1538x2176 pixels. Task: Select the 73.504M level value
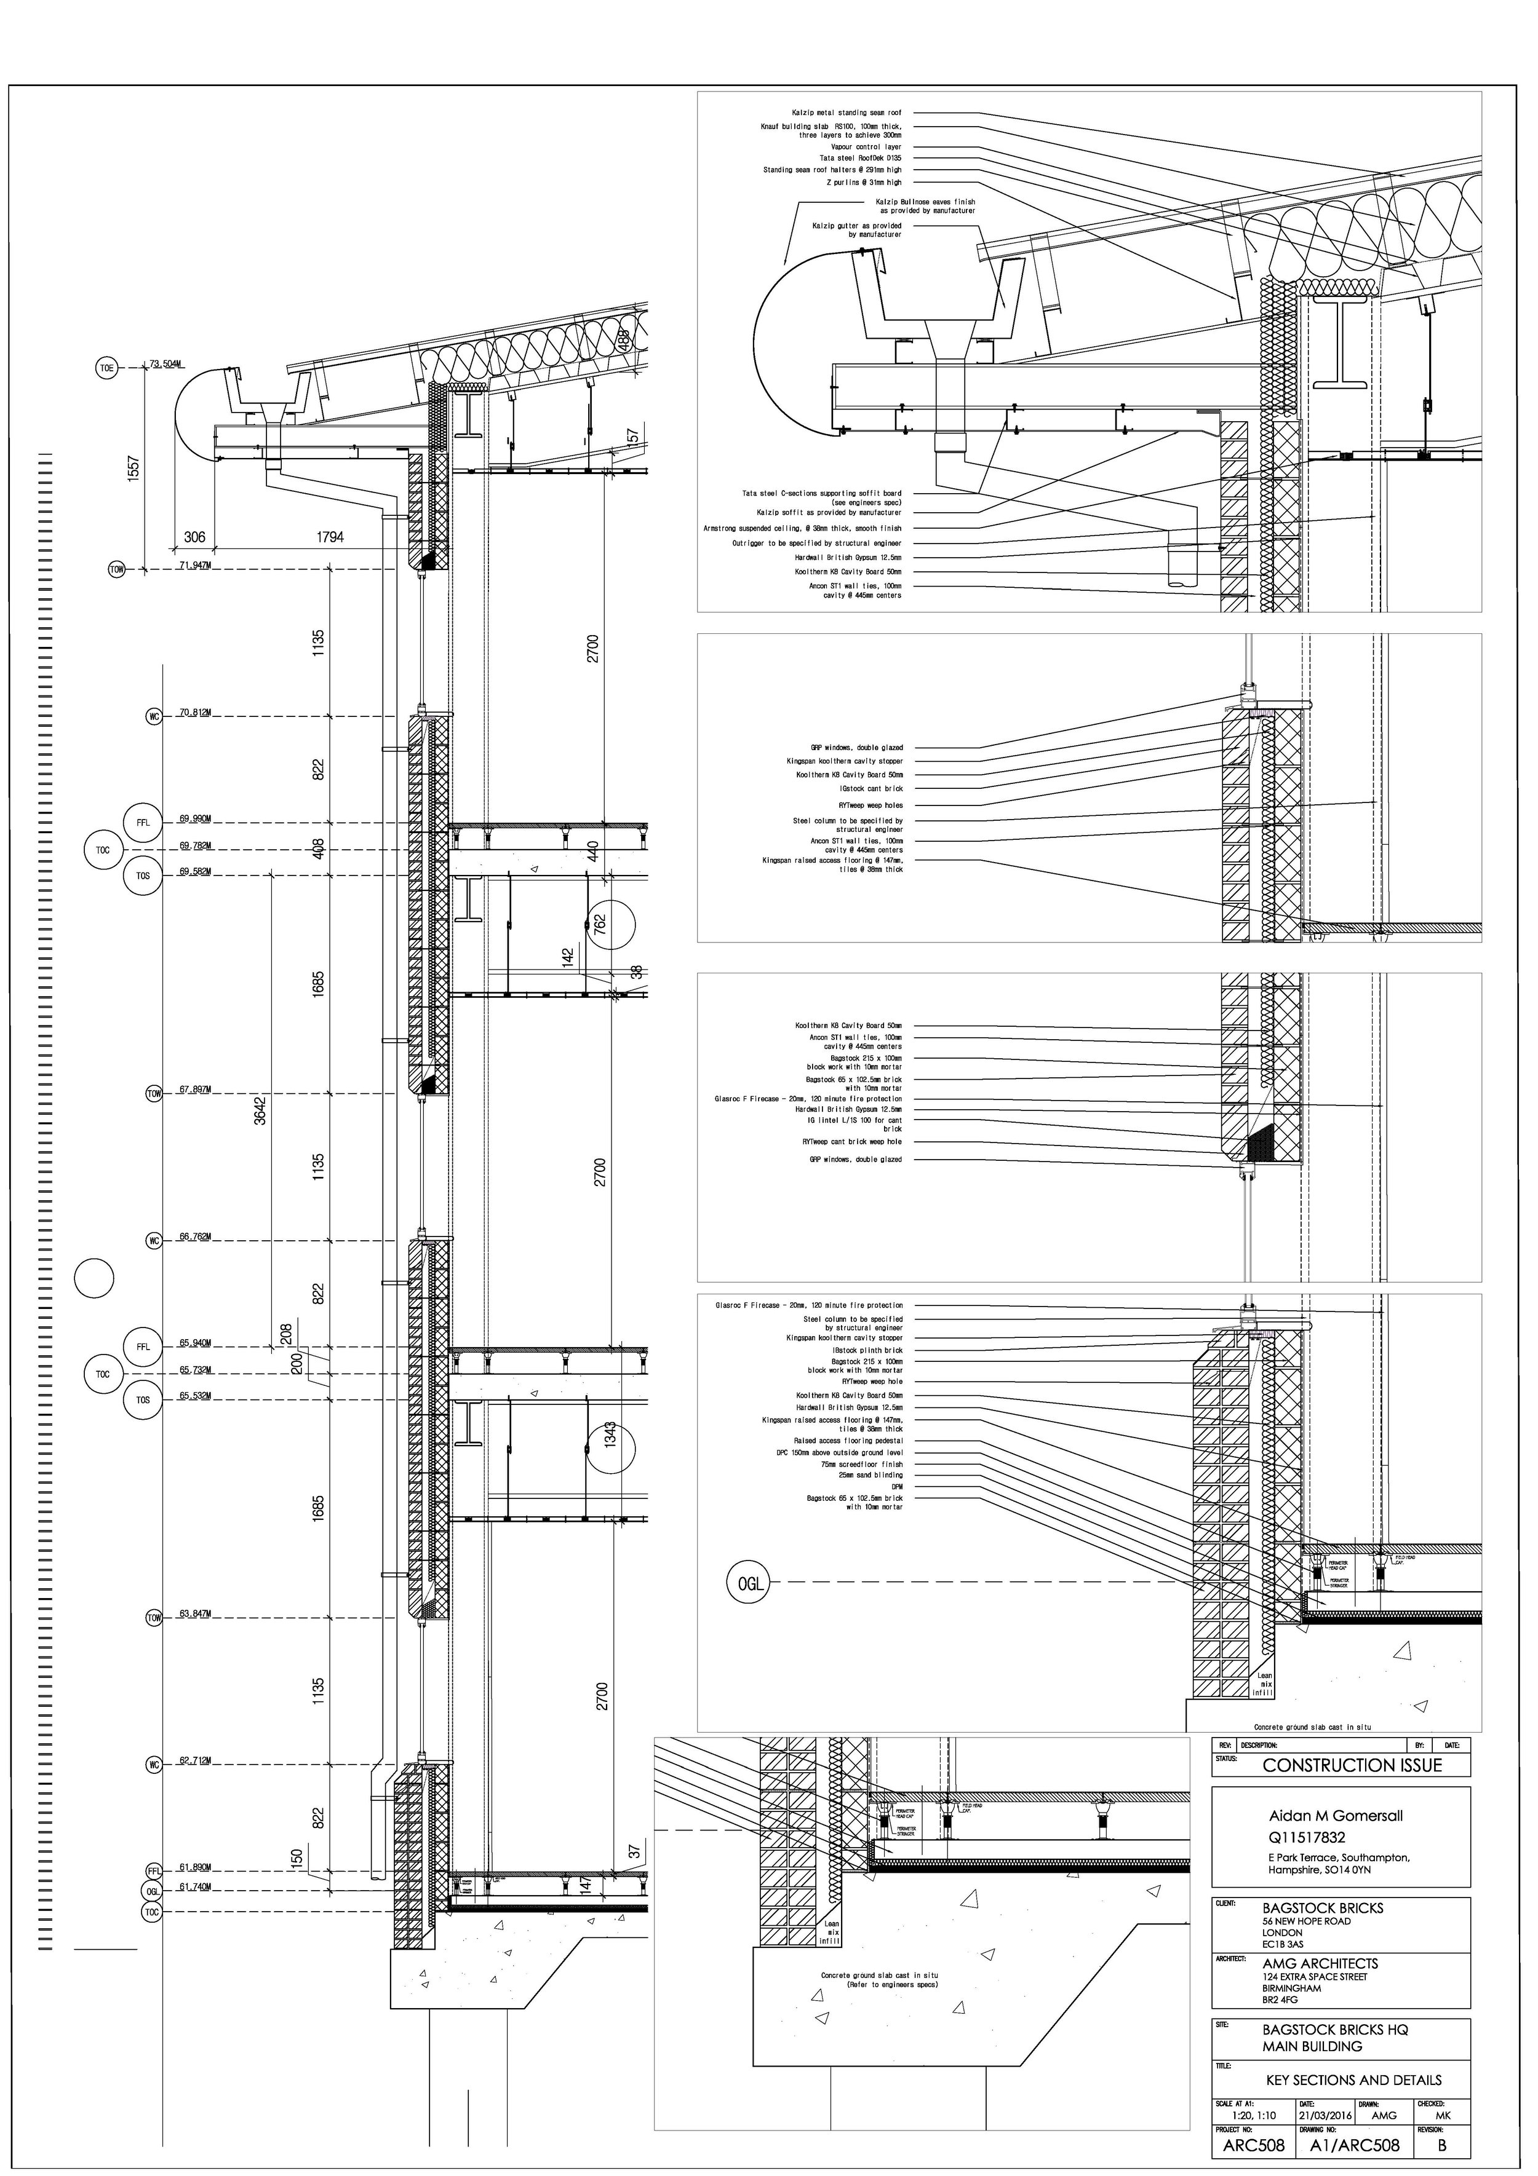click(x=166, y=364)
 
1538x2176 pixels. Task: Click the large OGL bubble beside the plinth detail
click(x=749, y=1583)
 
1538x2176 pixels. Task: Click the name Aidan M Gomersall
click(x=1335, y=1816)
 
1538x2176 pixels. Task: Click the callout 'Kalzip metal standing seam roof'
click(x=846, y=113)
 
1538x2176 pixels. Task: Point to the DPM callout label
click(x=897, y=1487)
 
